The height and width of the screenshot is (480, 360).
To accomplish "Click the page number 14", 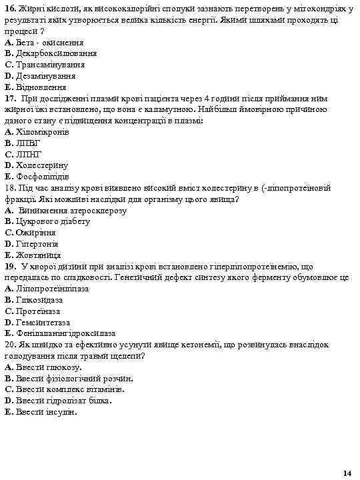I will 346,473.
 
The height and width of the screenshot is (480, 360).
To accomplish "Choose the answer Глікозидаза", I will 41,300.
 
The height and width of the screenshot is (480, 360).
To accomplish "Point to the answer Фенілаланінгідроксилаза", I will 64,333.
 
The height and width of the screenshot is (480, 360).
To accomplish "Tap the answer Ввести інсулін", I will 45,412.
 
